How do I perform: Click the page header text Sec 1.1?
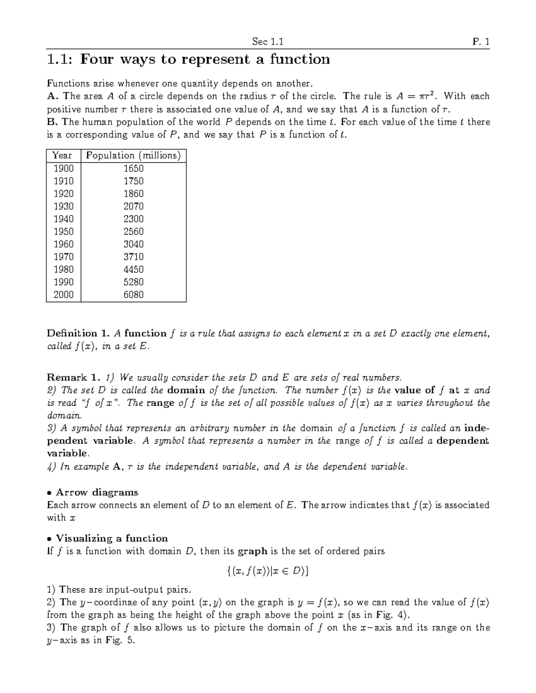tap(268, 42)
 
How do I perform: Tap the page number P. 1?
tap(481, 42)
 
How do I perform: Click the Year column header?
tap(63, 156)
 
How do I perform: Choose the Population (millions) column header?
tap(133, 156)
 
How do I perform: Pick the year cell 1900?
tap(63, 169)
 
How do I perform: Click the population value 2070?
tap(133, 206)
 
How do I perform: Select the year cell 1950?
tap(63, 232)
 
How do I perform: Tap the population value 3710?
tap(133, 257)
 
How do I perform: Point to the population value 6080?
tap(133, 295)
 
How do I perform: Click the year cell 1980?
tap(63, 269)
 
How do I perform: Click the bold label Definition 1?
tap(78, 334)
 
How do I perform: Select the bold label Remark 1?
tap(72, 377)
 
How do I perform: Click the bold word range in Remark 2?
tap(160, 403)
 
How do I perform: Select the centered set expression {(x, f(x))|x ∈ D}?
tap(268, 571)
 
